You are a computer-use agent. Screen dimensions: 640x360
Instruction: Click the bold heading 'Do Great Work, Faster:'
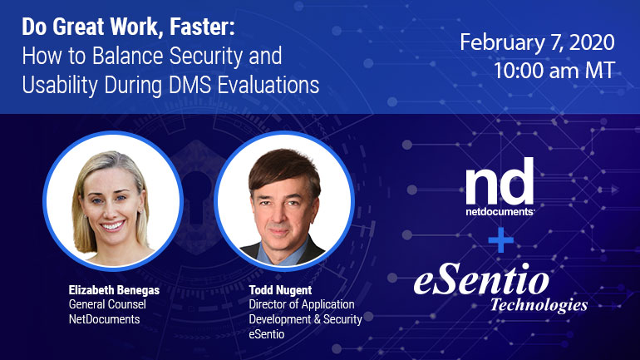pos(129,27)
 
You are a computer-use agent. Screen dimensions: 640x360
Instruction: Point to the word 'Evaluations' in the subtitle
pos(268,85)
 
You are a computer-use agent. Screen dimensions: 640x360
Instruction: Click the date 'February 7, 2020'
pos(537,43)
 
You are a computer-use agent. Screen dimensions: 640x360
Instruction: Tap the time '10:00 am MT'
pos(554,70)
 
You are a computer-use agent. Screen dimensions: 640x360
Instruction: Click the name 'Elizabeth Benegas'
pos(114,290)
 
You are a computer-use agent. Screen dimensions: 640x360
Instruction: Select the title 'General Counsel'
pos(107,304)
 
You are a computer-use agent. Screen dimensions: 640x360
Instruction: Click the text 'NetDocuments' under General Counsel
pos(104,319)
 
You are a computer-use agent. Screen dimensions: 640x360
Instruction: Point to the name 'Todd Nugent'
pos(280,290)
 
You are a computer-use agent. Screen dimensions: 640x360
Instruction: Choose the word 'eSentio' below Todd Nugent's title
pos(267,334)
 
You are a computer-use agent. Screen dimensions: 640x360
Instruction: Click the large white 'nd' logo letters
pos(500,181)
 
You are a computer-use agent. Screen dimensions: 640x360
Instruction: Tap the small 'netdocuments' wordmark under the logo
pos(500,211)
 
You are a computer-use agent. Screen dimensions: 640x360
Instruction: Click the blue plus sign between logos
pos(501,239)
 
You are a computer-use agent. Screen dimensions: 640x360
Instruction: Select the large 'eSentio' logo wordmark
pos(481,279)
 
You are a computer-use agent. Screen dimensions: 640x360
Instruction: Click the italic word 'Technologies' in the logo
pos(539,304)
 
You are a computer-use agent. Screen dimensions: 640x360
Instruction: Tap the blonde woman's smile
pos(112,225)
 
